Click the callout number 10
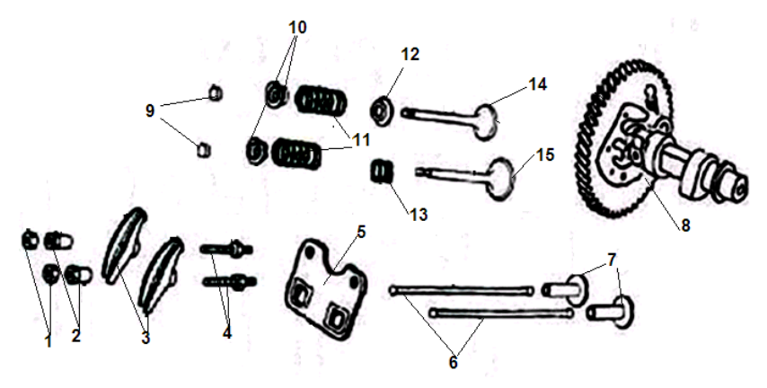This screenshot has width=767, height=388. pyautogui.click(x=297, y=28)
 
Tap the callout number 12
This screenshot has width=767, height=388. pyautogui.click(x=410, y=55)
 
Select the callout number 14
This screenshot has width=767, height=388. pyautogui.click(x=537, y=84)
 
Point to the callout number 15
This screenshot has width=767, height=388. pyautogui.click(x=544, y=154)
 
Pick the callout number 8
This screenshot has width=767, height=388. pyautogui.click(x=684, y=225)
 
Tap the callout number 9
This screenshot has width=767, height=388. pyautogui.click(x=150, y=110)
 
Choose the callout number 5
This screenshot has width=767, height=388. pyautogui.click(x=360, y=231)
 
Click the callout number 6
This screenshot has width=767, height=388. pyautogui.click(x=453, y=363)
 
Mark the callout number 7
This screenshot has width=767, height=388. pyautogui.click(x=612, y=260)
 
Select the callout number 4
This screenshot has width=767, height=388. pyautogui.click(x=227, y=332)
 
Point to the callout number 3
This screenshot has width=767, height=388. pyautogui.click(x=144, y=338)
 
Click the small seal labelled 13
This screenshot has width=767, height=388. pyautogui.click(x=383, y=170)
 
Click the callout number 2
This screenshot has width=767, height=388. pyautogui.click(x=76, y=336)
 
